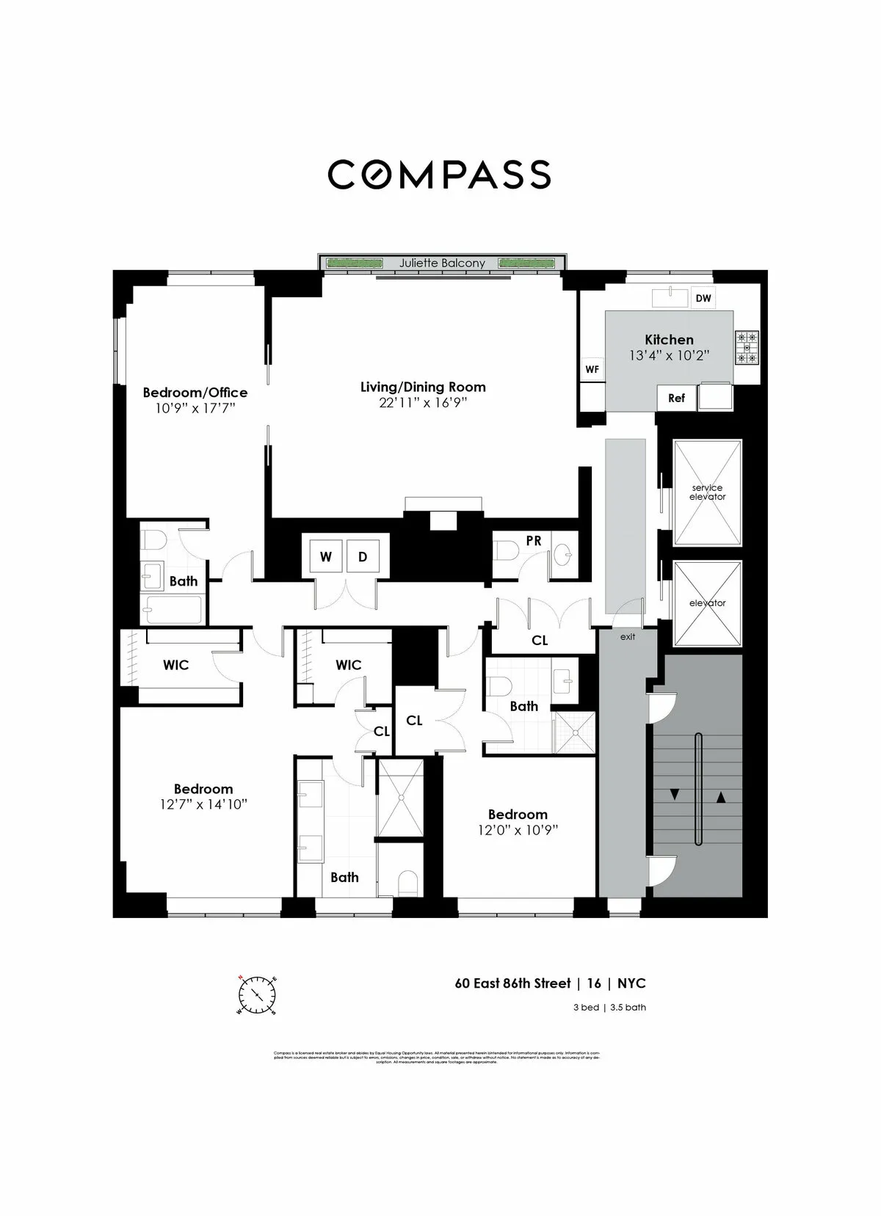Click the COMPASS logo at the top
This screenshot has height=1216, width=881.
point(439,175)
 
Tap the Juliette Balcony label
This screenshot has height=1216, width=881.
point(442,263)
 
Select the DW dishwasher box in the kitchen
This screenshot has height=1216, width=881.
point(703,298)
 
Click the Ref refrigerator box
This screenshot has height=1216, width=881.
point(676,398)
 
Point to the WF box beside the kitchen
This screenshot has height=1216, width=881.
point(592,370)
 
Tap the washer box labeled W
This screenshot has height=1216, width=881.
point(325,557)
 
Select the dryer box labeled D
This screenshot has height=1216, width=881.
point(363,557)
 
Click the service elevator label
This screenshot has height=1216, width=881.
point(707,492)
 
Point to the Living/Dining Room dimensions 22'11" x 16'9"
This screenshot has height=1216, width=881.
point(423,403)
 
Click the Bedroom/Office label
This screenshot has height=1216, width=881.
point(195,393)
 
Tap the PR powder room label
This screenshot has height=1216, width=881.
point(534,541)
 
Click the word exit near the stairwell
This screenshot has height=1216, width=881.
point(628,636)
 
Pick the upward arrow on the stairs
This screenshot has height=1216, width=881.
point(721,797)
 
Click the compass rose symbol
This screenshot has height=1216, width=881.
point(257,995)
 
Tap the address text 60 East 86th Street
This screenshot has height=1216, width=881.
point(512,983)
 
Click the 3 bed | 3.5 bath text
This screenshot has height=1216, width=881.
point(609,1008)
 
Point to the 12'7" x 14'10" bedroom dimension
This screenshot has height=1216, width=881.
point(203,804)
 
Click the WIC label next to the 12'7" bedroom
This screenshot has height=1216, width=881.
point(175,665)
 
